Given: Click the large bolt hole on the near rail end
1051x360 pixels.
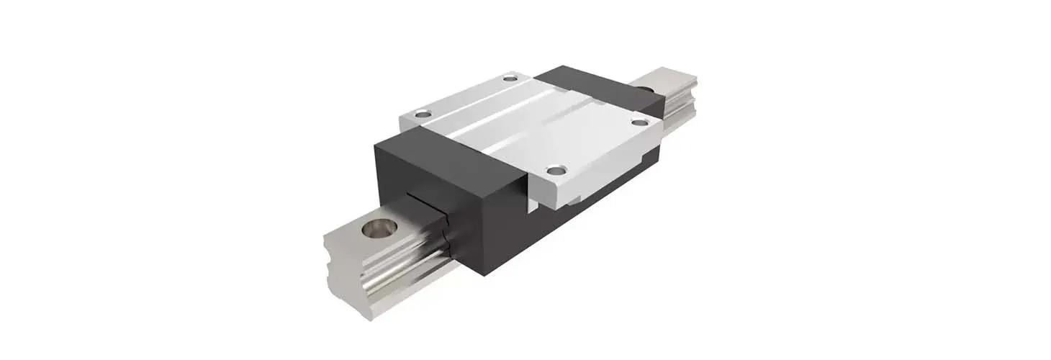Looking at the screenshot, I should point(379,229).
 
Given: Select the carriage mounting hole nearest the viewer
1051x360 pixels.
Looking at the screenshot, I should point(555,171).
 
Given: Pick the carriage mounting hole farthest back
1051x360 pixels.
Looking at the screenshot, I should point(510,77).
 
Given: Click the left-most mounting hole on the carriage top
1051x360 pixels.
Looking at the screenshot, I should point(423,114).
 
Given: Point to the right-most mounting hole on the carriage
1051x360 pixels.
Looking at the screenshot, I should point(640,122).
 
